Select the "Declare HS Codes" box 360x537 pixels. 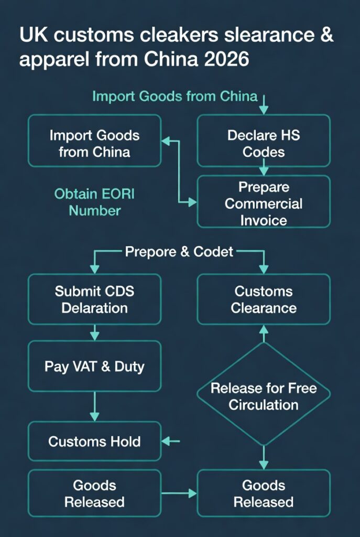click(264, 143)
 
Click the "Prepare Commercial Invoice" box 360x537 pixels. click(264, 203)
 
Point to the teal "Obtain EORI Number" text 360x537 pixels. click(95, 202)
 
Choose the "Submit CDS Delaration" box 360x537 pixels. click(94, 299)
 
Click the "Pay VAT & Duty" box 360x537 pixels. click(94, 366)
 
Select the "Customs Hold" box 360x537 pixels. click(94, 442)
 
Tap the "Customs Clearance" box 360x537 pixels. click(264, 299)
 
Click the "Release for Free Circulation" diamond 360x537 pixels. click(264, 396)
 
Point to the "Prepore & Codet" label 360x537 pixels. click(179, 252)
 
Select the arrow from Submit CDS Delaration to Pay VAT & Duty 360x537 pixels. click(95, 332)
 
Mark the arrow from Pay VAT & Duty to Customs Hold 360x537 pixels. click(95, 407)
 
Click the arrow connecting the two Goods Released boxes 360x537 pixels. click(179, 493)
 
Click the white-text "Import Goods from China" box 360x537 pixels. click(94, 143)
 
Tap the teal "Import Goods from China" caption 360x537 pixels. click(174, 96)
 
